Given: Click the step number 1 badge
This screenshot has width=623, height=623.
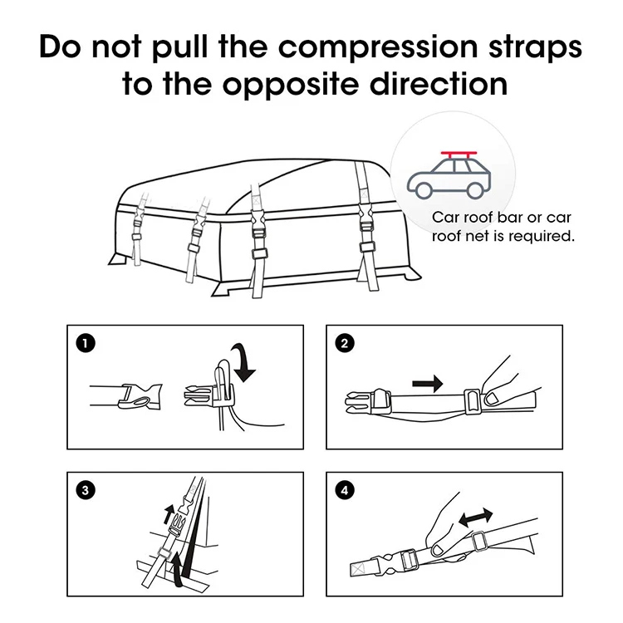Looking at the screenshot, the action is [84, 341].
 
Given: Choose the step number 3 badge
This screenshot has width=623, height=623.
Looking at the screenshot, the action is [84, 488].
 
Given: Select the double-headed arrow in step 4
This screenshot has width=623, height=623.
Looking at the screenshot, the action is [474, 517].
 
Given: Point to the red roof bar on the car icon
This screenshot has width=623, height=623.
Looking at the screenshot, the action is [458, 156].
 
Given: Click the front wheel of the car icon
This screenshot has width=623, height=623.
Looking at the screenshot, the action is [424, 190].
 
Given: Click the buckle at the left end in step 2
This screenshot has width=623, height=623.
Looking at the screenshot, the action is [364, 404].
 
